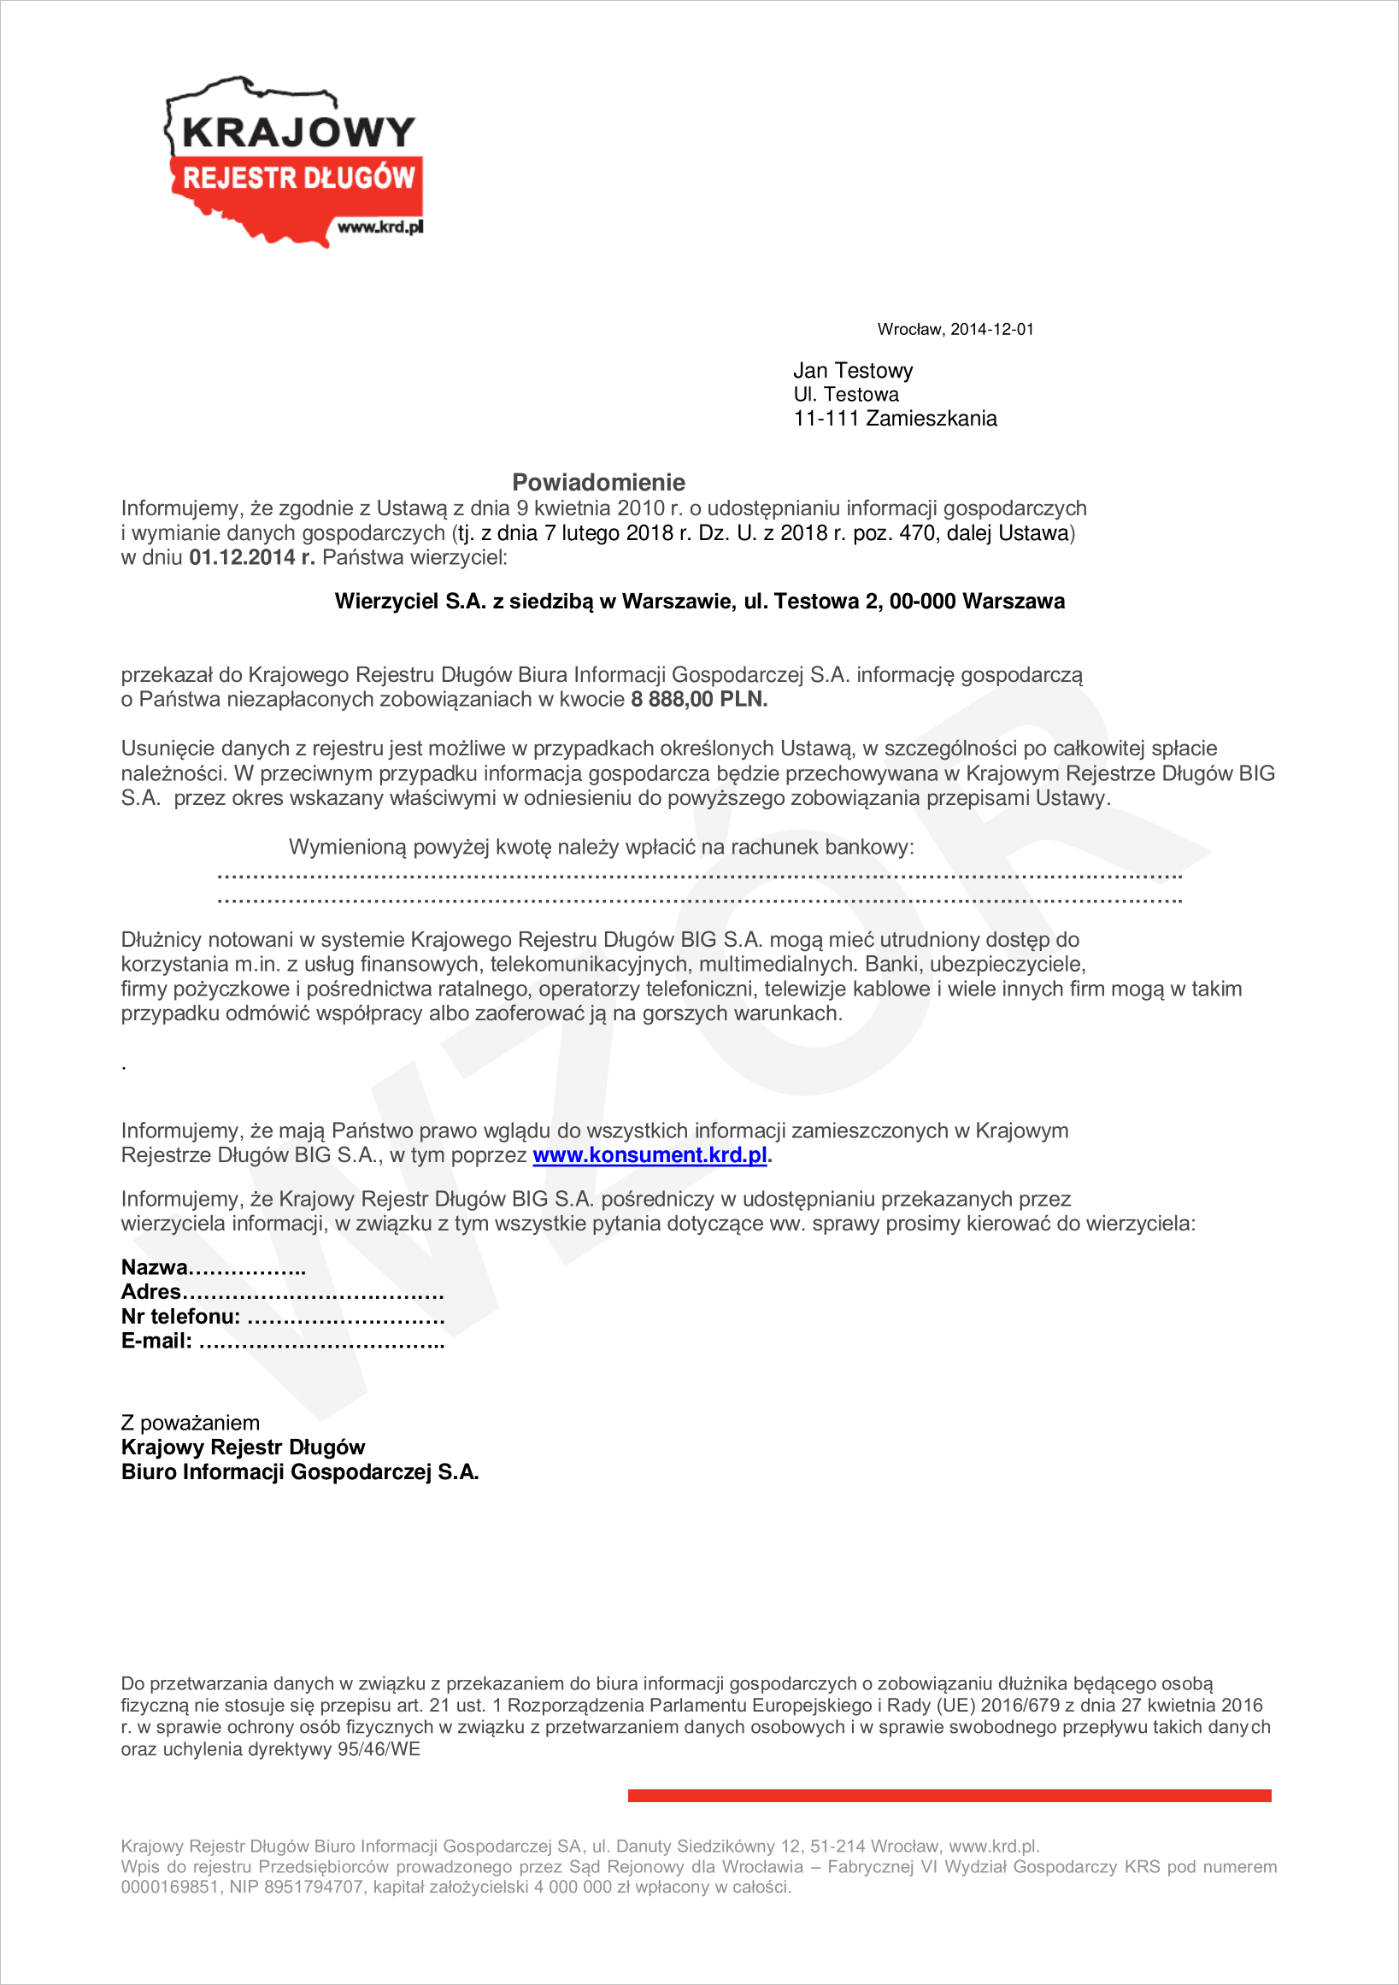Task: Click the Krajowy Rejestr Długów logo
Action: (x=294, y=161)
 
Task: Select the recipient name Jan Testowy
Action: (x=853, y=371)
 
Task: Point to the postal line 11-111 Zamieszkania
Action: (x=895, y=420)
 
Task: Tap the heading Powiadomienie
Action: (x=598, y=483)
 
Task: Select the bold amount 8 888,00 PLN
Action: (x=698, y=700)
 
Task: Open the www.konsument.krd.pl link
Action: (x=650, y=1155)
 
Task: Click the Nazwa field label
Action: (x=155, y=1267)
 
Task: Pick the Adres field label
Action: (x=151, y=1292)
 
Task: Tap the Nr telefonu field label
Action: (x=180, y=1317)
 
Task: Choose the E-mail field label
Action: (x=156, y=1341)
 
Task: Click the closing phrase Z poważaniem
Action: (x=191, y=1423)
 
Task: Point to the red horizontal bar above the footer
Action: (x=949, y=1795)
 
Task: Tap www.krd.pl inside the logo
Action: (x=380, y=227)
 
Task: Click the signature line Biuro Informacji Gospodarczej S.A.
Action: (x=299, y=1472)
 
